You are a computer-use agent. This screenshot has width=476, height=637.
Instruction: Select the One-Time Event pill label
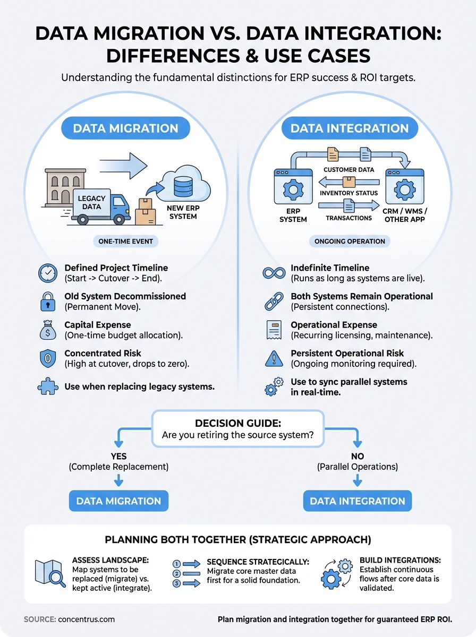coord(126,241)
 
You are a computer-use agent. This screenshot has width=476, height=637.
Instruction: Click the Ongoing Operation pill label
coord(350,241)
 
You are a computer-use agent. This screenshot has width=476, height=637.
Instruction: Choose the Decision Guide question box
coord(237,428)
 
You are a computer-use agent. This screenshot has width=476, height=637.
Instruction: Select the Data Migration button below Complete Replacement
coord(118,501)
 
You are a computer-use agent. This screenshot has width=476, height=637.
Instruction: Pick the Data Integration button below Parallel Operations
coord(357,501)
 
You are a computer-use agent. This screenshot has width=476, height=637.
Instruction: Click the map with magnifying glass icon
coord(49,574)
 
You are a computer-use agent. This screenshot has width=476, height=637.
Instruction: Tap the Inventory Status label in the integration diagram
coord(349,193)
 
